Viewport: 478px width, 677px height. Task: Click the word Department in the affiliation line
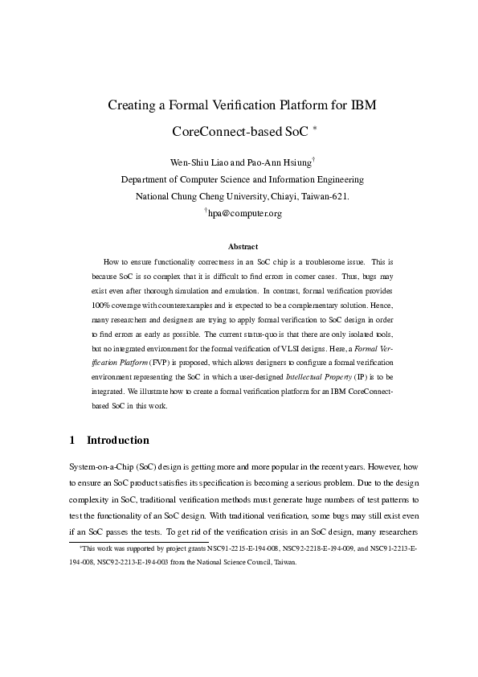[x=150, y=180]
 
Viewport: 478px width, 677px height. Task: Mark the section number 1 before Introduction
[x=72, y=441]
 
